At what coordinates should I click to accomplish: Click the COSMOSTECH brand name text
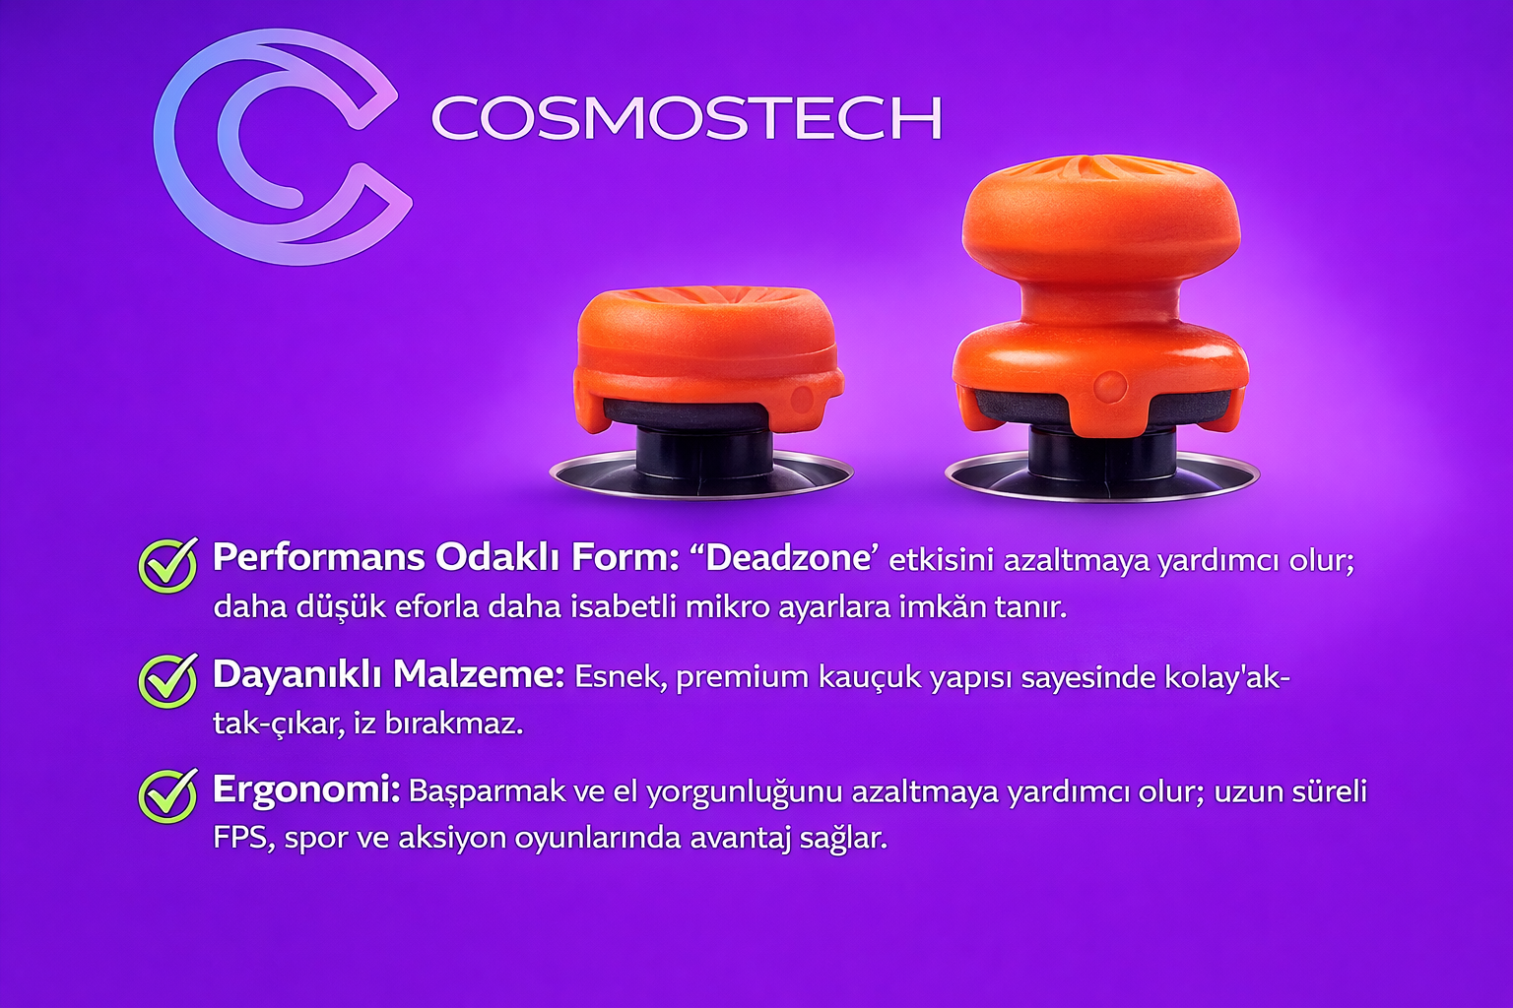687,117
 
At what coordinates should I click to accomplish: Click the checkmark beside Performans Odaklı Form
167,565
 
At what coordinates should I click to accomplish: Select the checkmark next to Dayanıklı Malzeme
167,680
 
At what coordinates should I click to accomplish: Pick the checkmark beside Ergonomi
167,795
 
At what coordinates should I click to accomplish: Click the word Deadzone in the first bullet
795,559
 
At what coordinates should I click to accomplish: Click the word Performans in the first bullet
319,559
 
